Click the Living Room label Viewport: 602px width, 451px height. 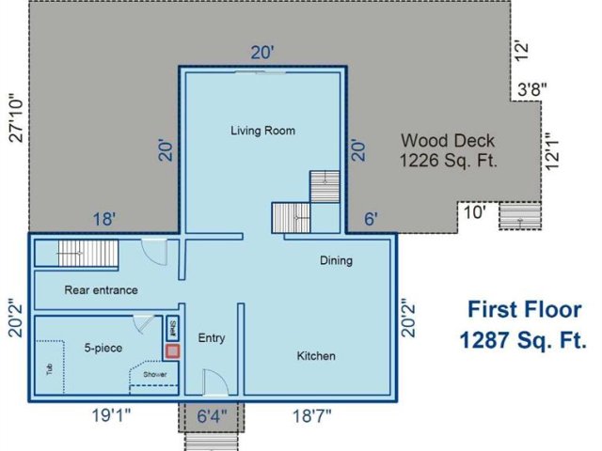(262, 131)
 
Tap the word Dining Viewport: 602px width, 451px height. (336, 261)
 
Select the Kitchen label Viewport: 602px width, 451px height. (316, 356)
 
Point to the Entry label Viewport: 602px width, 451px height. (212, 338)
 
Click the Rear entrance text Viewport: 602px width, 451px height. (101, 290)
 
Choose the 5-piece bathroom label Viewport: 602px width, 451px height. (103, 349)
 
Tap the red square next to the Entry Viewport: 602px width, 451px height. (172, 350)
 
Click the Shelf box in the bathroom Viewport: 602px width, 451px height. (172, 329)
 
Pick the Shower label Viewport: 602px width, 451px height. (155, 374)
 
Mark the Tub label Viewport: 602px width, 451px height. (50, 369)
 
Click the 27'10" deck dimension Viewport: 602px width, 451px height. (17, 118)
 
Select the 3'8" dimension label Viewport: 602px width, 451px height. (531, 90)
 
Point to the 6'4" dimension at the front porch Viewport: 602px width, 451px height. (212, 415)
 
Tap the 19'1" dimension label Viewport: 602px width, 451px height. (111, 415)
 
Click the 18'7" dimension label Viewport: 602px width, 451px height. (311, 415)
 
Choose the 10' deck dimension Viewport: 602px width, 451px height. (475, 212)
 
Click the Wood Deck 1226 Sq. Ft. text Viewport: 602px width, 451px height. (448, 150)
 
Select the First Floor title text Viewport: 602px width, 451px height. (524, 309)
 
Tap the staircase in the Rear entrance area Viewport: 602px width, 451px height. (87, 253)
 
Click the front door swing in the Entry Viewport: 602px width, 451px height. (215, 382)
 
